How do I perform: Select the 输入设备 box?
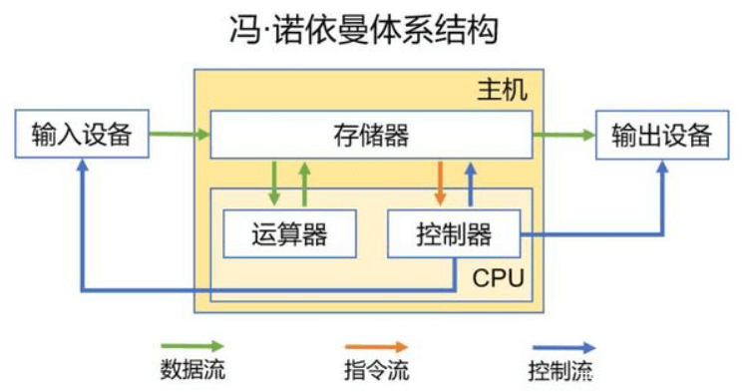(82, 135)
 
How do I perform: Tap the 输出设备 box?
(662, 135)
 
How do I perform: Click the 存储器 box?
(369, 135)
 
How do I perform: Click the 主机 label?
(496, 92)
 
